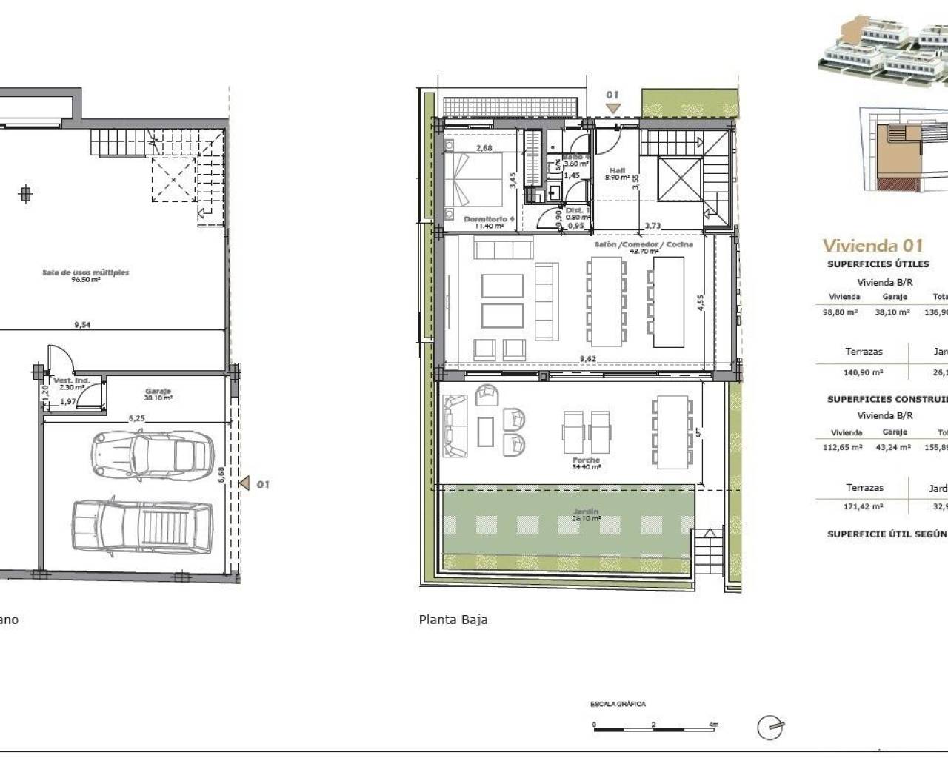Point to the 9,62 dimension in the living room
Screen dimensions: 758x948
coord(588,359)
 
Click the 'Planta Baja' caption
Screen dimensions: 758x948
coord(453,620)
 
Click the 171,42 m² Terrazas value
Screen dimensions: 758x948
coord(864,507)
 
